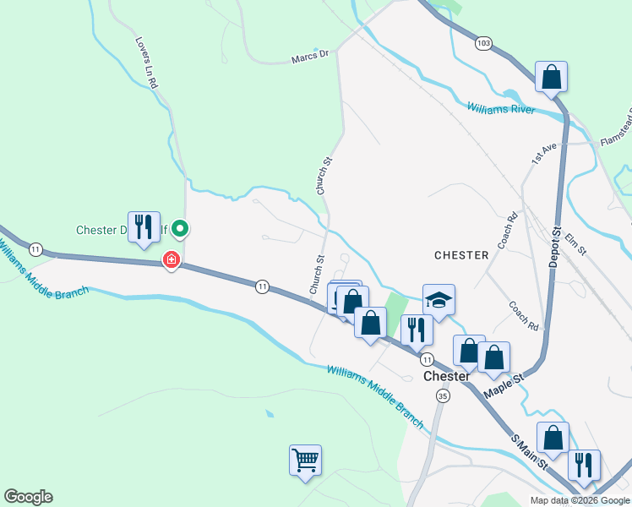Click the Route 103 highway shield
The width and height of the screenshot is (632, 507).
click(483, 42)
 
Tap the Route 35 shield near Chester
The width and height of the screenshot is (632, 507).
click(443, 395)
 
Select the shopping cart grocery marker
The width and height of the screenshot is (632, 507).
click(305, 461)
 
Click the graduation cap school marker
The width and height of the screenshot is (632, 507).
click(439, 300)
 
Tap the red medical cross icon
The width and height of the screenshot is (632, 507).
click(172, 259)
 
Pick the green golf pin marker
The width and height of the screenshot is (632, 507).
click(180, 228)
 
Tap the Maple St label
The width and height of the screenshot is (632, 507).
click(504, 384)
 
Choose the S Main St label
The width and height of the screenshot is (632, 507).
click(530, 453)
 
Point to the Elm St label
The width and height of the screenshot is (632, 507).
click(575, 239)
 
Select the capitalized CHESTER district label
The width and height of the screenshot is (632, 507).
click(461, 254)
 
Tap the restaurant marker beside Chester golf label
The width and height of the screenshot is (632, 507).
click(144, 226)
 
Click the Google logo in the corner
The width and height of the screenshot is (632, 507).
click(28, 497)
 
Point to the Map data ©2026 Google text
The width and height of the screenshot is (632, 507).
click(579, 500)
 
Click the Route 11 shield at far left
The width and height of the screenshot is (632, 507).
click(35, 248)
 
